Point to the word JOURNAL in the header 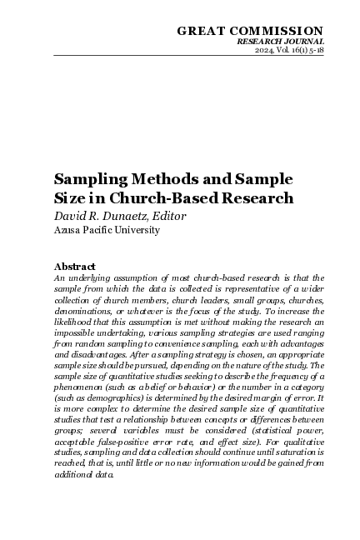click(302, 41)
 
